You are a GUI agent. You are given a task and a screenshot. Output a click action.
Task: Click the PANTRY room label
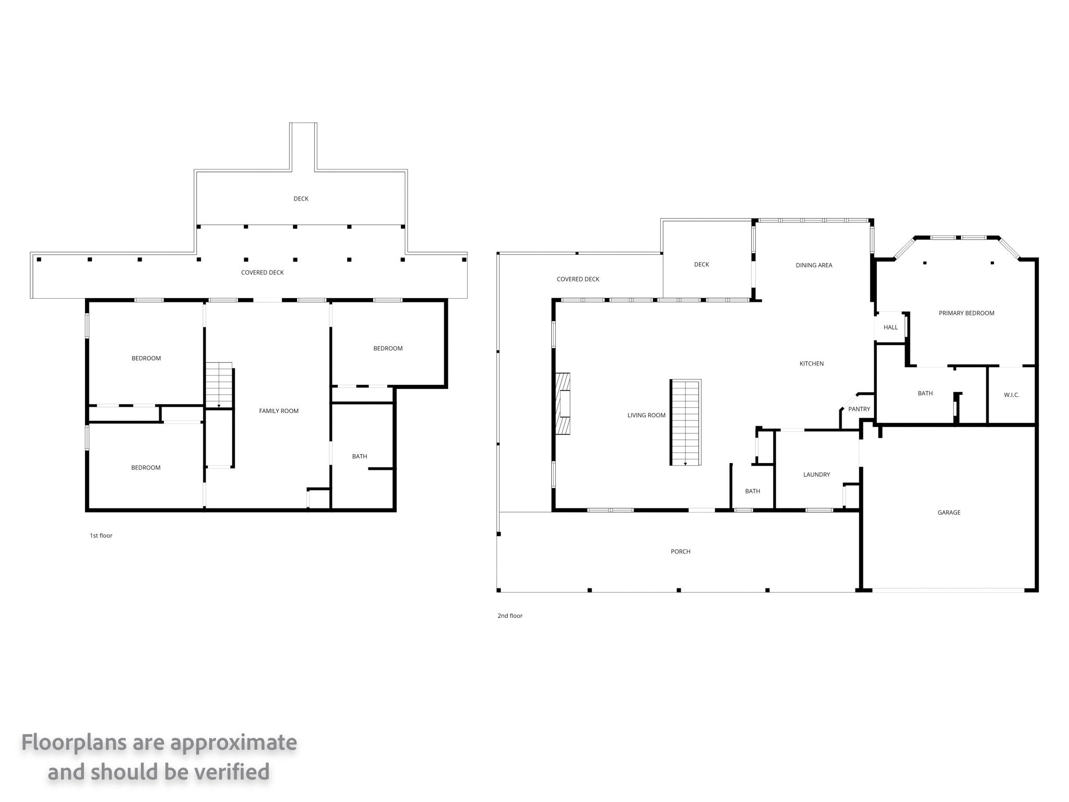pyautogui.click(x=859, y=409)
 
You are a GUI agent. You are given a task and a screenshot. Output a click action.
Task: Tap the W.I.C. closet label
pyautogui.click(x=1012, y=395)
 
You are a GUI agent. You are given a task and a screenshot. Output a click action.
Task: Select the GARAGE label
pyautogui.click(x=949, y=512)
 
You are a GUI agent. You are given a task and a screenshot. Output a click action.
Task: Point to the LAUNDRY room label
pyautogui.click(x=816, y=475)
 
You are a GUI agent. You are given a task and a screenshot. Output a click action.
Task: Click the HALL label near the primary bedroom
pyautogui.click(x=890, y=327)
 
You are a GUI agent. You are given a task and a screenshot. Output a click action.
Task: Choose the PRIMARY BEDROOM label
pyautogui.click(x=967, y=313)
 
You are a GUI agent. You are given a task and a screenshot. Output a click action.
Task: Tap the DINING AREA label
pyautogui.click(x=814, y=265)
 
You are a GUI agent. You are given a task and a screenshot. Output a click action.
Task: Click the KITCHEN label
pyautogui.click(x=812, y=363)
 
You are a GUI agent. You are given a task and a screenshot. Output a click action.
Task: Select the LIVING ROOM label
pyautogui.click(x=646, y=415)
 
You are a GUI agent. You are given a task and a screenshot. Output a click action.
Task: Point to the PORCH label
pyautogui.click(x=681, y=551)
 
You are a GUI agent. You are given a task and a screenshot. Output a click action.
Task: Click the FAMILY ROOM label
pyautogui.click(x=279, y=411)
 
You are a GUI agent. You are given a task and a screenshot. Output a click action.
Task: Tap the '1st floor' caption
pyautogui.click(x=101, y=535)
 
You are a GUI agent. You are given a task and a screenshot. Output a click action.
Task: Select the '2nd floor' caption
pyautogui.click(x=510, y=616)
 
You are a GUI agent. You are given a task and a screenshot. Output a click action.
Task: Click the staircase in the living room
pyautogui.click(x=685, y=422)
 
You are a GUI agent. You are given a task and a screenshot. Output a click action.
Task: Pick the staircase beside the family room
pyautogui.click(x=219, y=385)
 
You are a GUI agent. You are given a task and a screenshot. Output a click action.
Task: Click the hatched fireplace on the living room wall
pyautogui.click(x=563, y=404)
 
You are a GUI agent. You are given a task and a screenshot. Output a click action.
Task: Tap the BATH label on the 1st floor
pyautogui.click(x=360, y=456)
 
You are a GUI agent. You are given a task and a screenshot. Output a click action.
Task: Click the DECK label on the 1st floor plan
pyautogui.click(x=301, y=198)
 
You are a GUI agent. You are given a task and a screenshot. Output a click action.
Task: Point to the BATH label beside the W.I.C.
pyautogui.click(x=925, y=393)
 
